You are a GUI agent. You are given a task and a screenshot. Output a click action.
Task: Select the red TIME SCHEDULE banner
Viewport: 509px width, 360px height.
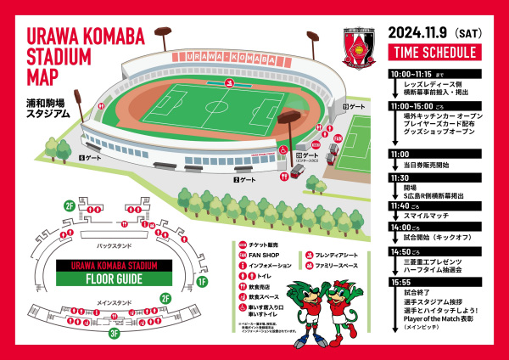click(434, 53)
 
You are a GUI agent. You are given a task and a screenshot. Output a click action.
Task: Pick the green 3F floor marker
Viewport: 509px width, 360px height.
click(113, 333)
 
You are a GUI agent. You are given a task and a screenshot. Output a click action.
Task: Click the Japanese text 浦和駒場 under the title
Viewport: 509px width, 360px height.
click(45, 100)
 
